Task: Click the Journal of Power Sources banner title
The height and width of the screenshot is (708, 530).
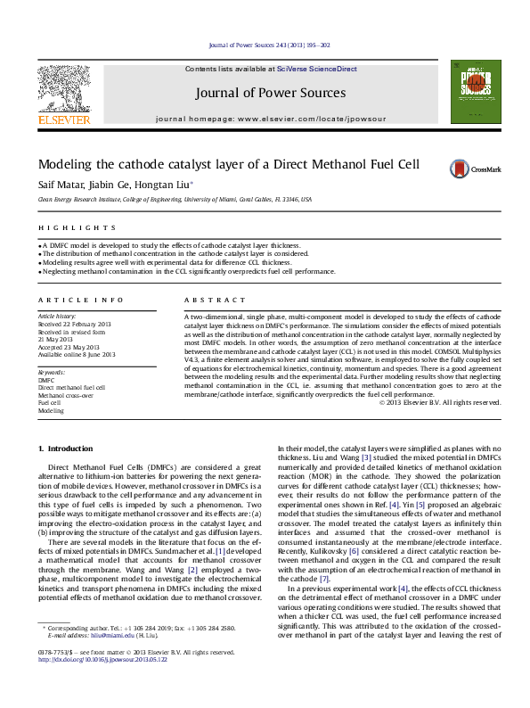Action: [x=267, y=93]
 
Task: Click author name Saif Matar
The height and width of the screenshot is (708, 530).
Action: [x=56, y=185]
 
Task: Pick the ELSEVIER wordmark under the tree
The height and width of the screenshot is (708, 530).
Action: [x=62, y=119]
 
